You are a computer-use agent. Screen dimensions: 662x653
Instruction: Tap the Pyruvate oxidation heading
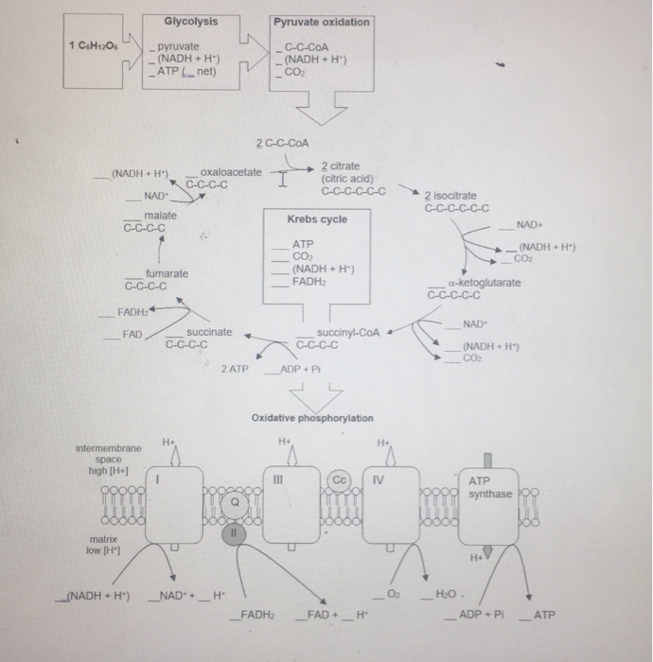tap(322, 22)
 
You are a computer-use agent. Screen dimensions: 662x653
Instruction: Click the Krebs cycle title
tap(317, 219)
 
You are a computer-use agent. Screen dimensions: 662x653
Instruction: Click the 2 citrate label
tap(340, 165)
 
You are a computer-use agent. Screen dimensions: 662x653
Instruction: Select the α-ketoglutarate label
tap(484, 282)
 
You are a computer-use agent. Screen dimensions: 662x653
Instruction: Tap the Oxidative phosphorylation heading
tap(312, 418)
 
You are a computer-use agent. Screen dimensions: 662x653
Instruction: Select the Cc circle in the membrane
tap(341, 479)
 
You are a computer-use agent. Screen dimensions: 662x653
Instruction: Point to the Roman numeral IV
tap(378, 479)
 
